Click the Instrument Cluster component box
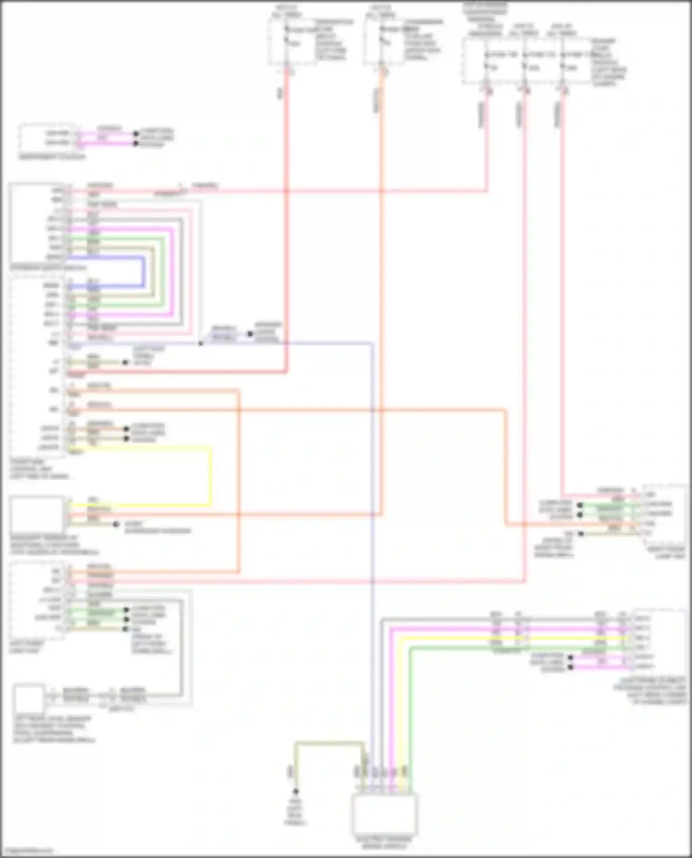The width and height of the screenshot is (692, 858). click(48, 138)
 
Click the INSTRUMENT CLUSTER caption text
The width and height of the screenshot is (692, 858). click(52, 157)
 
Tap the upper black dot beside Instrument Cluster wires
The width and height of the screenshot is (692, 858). click(136, 134)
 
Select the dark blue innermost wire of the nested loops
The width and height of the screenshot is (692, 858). click(143, 272)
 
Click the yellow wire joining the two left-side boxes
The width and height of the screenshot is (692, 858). click(211, 475)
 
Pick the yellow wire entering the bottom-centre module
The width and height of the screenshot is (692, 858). click(400, 715)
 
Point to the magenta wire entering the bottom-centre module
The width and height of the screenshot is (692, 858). click(391, 715)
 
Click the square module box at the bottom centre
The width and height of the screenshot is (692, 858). click(384, 813)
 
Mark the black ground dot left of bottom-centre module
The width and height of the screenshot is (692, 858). click(295, 791)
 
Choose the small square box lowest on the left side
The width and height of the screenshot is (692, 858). click(29, 699)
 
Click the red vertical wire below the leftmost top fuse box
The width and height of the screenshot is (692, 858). click(286, 221)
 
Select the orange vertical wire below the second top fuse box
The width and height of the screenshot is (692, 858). click(382, 277)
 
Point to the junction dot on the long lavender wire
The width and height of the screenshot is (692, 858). click(201, 343)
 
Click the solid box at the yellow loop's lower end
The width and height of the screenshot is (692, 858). click(37, 515)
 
